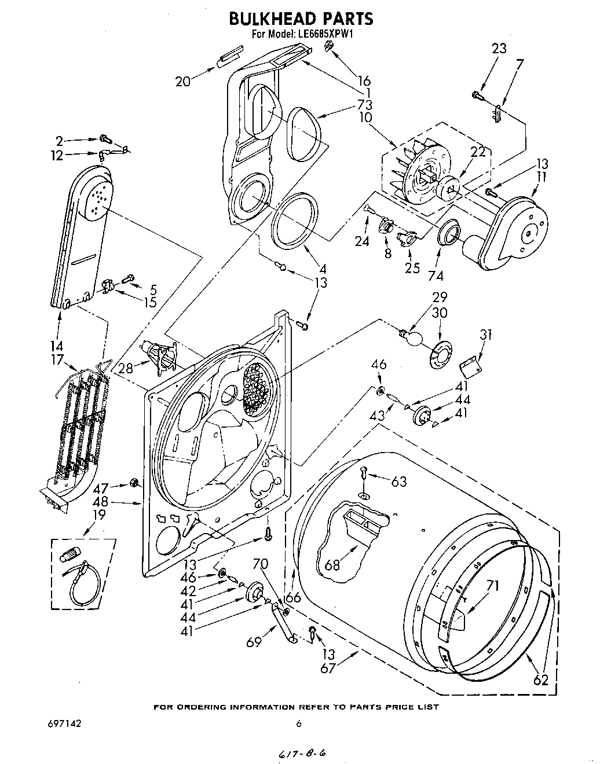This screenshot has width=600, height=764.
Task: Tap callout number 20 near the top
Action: [x=182, y=82]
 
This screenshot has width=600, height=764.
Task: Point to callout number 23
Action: [x=499, y=49]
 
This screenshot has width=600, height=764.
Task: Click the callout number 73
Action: [x=364, y=105]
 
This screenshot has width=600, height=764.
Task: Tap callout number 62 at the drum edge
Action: [x=540, y=680]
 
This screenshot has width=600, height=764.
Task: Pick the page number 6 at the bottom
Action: [x=299, y=723]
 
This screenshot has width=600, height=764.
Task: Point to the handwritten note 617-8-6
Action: [x=302, y=753]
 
